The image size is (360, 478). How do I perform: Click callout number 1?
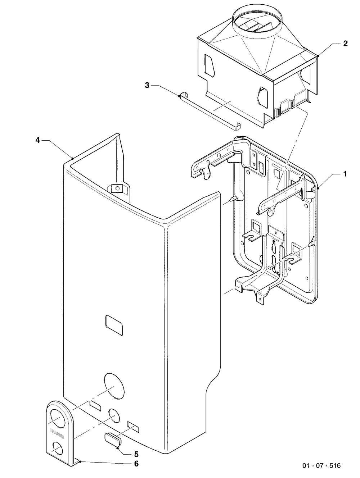coord(345,174)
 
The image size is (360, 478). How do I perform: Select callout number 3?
coord(147,85)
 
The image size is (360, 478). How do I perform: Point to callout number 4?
coord(38,140)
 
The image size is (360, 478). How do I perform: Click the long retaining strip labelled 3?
coord(210,112)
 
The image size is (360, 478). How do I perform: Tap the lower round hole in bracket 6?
coord(58,449)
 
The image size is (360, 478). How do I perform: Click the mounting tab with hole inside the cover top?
coord(117,188)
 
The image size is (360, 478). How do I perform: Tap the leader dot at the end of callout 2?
coord(318,56)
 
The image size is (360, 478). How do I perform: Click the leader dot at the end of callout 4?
coord(72,158)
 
